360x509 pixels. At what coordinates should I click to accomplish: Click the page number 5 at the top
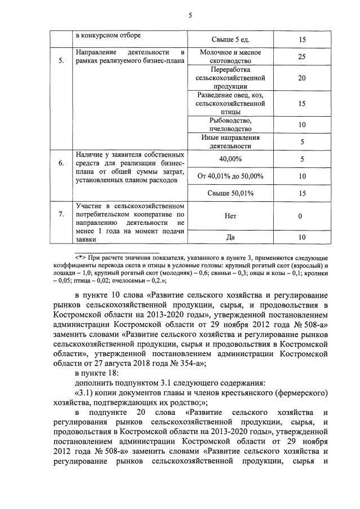(x=190, y=16)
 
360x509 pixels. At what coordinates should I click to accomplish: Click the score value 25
(x=301, y=57)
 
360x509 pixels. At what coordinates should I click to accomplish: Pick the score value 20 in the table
(x=301, y=78)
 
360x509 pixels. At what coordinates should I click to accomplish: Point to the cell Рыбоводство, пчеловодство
(x=230, y=124)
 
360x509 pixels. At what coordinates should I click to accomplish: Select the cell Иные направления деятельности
(x=230, y=141)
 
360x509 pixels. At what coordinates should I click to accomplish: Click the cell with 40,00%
(x=230, y=159)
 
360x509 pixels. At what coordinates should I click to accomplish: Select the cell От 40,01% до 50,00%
(x=230, y=176)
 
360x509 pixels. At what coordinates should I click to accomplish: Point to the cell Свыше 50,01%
(x=230, y=193)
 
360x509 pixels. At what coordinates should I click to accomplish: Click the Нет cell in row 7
(x=230, y=216)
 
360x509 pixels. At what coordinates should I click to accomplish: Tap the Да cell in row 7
(x=230, y=237)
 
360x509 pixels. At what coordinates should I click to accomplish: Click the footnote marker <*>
(x=82, y=257)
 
